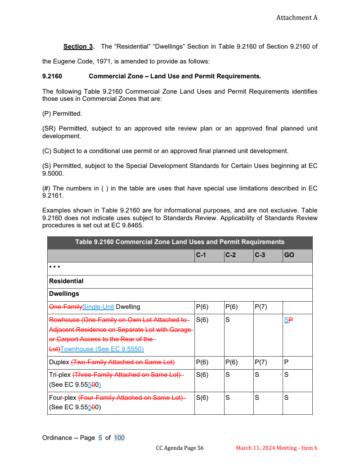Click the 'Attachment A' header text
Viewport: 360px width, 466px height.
click(297, 18)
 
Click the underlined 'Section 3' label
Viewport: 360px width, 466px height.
click(78, 46)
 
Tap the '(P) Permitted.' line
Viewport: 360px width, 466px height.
click(62, 113)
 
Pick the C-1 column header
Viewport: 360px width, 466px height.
click(201, 255)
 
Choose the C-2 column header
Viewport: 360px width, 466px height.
click(230, 255)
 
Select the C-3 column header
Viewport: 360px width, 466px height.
click(260, 255)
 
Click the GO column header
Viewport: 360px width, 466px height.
click(289, 255)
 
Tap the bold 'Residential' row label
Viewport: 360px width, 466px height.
click(66, 281)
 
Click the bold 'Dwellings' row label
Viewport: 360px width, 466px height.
click(64, 294)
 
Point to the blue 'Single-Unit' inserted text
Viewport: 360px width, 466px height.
click(99, 307)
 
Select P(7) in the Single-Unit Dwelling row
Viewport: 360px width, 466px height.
click(261, 307)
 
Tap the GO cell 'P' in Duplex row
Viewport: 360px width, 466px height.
click(286, 362)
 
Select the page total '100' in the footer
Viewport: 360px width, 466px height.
click(119, 438)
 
